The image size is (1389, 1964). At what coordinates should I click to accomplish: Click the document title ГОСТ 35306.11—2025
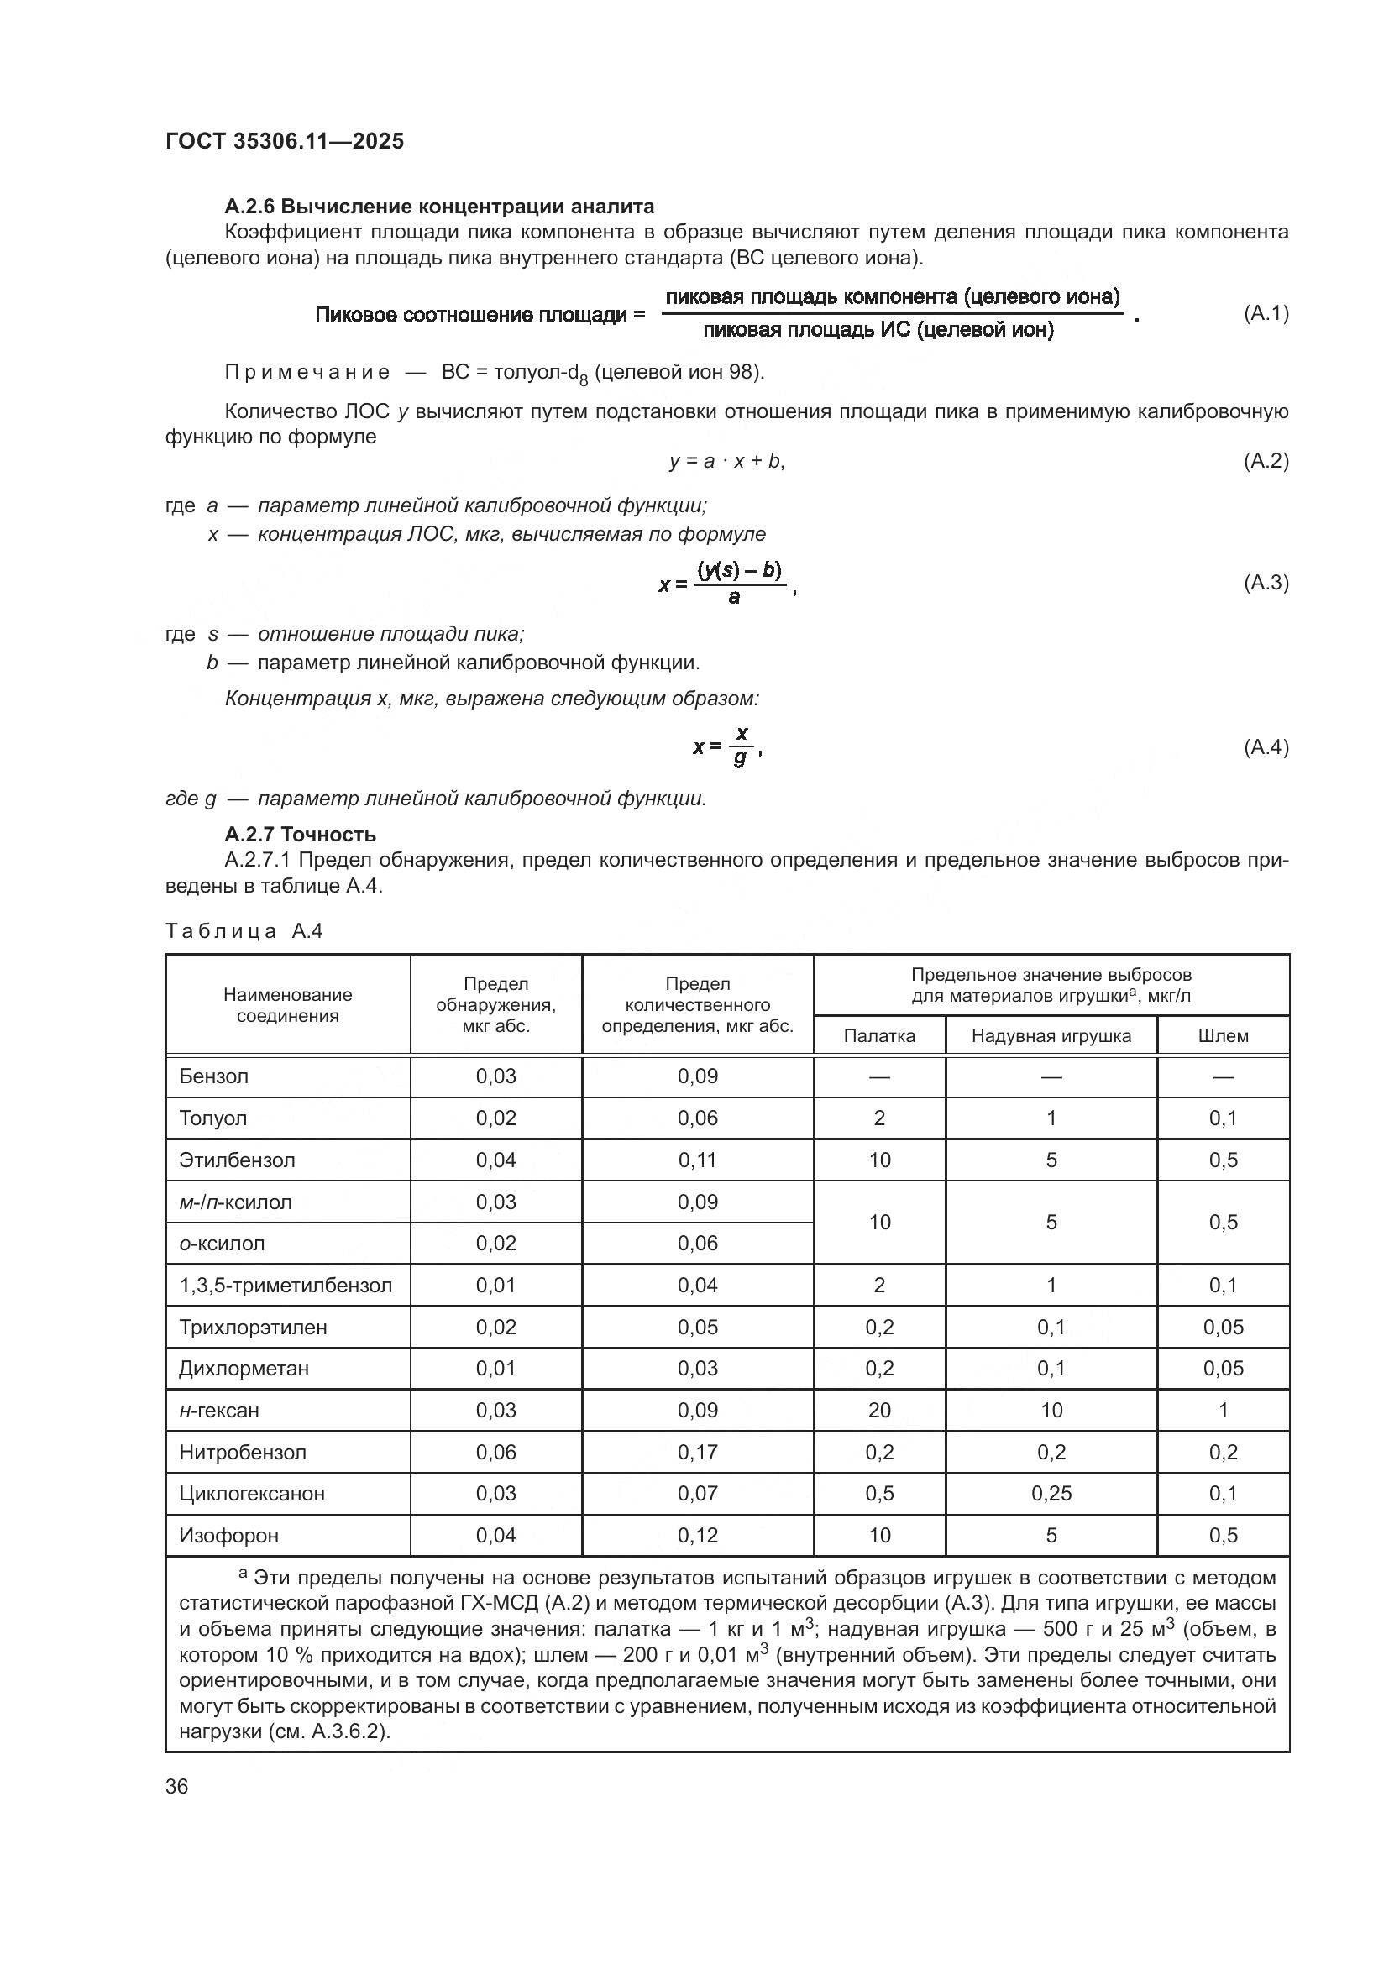pyautogui.click(x=284, y=141)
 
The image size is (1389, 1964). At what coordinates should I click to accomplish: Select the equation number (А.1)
pyautogui.click(x=1265, y=313)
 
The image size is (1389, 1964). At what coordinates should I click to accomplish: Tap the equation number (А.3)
pyautogui.click(x=1265, y=583)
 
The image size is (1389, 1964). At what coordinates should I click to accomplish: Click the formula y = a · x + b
pyautogui.click(x=726, y=461)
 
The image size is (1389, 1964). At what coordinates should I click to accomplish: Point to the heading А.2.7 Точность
pyautogui.click(x=299, y=834)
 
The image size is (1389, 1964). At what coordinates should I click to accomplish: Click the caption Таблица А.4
pyautogui.click(x=244, y=930)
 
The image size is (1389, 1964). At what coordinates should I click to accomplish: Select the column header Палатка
pyautogui.click(x=878, y=1036)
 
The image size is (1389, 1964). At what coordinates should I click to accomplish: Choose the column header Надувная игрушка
pyautogui.click(x=1051, y=1036)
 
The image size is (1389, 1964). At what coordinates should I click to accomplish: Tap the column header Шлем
pyautogui.click(x=1222, y=1036)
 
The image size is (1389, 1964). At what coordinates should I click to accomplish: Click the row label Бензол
pyautogui.click(x=214, y=1076)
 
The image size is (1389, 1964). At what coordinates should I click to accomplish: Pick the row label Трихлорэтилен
pyautogui.click(x=252, y=1327)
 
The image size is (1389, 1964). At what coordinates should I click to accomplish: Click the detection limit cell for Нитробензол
pyautogui.click(x=495, y=1452)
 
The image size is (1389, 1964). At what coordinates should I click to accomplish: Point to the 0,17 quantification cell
pyautogui.click(x=697, y=1452)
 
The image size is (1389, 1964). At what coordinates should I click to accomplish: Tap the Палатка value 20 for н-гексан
pyautogui.click(x=878, y=1410)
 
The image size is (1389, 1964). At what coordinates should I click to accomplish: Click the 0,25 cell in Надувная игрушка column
pyautogui.click(x=1051, y=1494)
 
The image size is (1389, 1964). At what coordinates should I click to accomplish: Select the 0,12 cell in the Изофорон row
pyautogui.click(x=697, y=1536)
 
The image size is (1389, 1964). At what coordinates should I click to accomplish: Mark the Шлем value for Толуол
pyautogui.click(x=1222, y=1118)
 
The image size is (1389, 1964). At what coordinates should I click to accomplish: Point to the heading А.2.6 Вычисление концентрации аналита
pyautogui.click(x=438, y=207)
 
